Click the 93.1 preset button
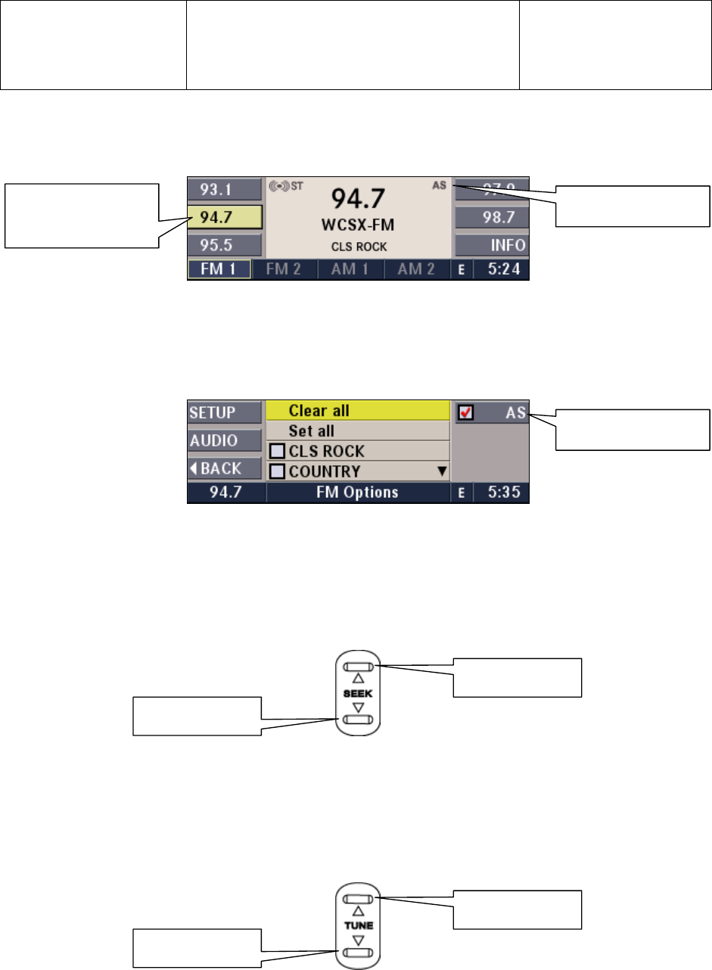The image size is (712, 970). pyautogui.click(x=224, y=189)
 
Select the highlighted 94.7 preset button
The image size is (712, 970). pyautogui.click(x=224, y=217)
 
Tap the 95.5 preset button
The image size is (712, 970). pyautogui.click(x=224, y=245)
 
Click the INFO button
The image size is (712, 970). pyautogui.click(x=492, y=245)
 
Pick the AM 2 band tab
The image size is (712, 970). pyautogui.click(x=417, y=269)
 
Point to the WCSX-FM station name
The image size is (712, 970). pyautogui.click(x=358, y=225)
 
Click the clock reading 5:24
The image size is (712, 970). pyautogui.click(x=504, y=269)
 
